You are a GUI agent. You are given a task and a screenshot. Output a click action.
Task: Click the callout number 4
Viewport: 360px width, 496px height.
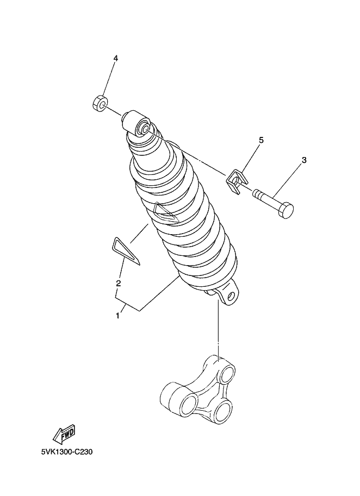click(x=116, y=58)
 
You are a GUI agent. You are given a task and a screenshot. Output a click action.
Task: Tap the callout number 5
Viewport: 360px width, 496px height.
click(x=261, y=140)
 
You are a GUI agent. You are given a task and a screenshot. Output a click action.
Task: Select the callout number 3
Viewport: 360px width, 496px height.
click(x=304, y=160)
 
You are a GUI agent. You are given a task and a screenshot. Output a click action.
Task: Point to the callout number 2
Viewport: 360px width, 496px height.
click(x=118, y=283)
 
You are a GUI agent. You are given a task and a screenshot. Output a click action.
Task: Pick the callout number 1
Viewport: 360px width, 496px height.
click(x=117, y=316)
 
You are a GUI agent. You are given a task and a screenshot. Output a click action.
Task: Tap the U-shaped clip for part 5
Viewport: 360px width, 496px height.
click(x=237, y=181)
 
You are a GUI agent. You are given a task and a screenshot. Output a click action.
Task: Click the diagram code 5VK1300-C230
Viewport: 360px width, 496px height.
click(x=66, y=451)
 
